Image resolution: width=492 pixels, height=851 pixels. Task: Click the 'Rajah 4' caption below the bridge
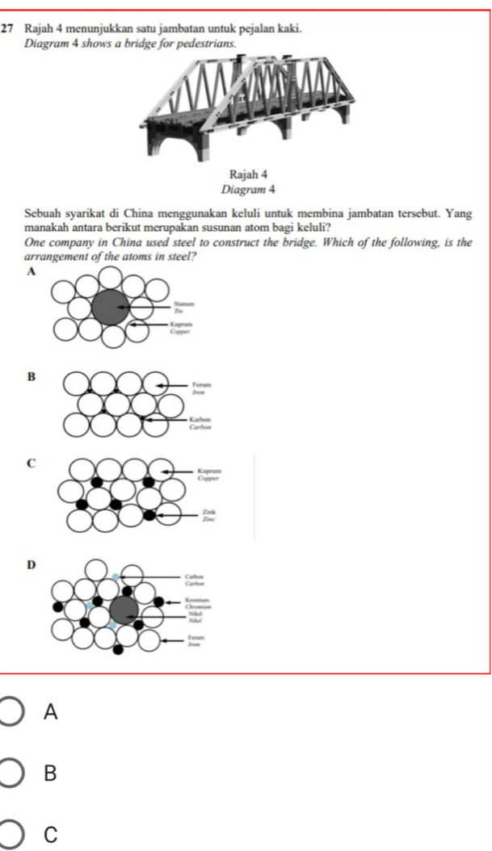point(242,175)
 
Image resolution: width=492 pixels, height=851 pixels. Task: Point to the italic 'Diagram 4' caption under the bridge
point(242,189)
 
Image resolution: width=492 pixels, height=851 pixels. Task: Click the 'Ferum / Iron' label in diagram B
point(200,388)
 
